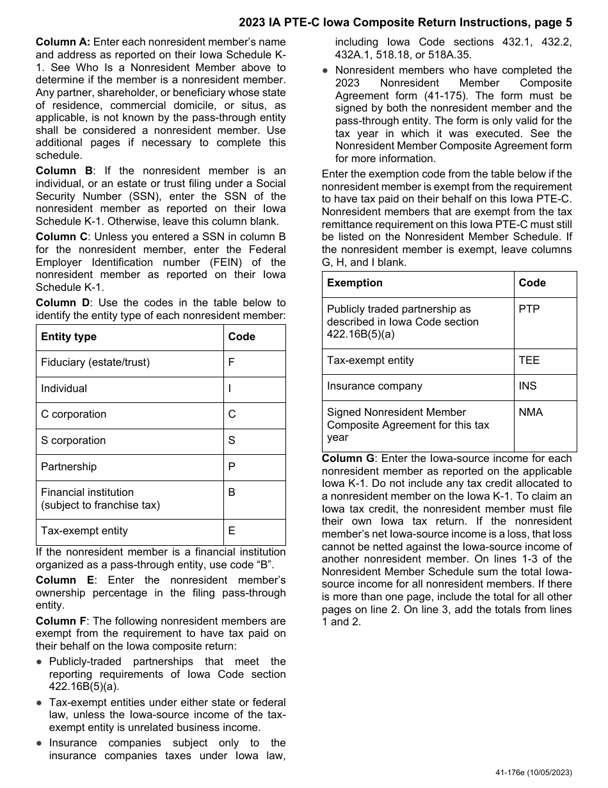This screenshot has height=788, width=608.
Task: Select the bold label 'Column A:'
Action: pyautogui.click(x=63, y=42)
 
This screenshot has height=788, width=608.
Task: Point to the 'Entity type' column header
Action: pyautogui.click(x=68, y=337)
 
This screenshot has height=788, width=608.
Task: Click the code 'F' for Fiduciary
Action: pyautogui.click(x=231, y=363)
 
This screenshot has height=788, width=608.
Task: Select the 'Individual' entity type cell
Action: pyautogui.click(x=64, y=389)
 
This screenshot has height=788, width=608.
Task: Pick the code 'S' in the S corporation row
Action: pyautogui.click(x=232, y=441)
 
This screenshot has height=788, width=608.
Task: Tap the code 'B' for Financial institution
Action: pyautogui.click(x=232, y=493)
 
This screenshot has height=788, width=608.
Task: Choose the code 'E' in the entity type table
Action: pyautogui.click(x=232, y=531)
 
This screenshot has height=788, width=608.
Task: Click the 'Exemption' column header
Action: pyautogui.click(x=355, y=283)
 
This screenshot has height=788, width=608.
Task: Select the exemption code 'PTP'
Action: pyautogui.click(x=529, y=309)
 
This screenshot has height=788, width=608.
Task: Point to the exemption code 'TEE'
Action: pyautogui.click(x=529, y=361)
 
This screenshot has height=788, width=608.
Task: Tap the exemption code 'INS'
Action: pyautogui.click(x=528, y=386)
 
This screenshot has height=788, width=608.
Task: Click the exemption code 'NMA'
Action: pyautogui.click(x=531, y=413)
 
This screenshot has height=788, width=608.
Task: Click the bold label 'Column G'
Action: pyautogui.click(x=348, y=459)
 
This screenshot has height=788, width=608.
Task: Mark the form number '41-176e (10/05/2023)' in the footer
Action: pyautogui.click(x=533, y=773)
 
